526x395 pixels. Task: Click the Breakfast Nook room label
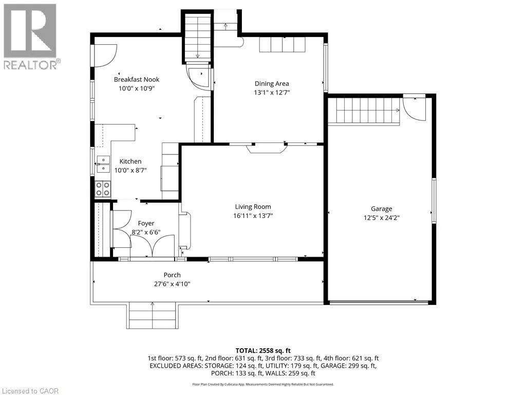point(137,80)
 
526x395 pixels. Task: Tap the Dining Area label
point(272,84)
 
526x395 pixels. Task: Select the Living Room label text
point(253,207)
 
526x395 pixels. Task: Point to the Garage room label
point(382,209)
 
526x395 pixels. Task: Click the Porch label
point(172,275)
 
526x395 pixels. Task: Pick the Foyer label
point(146,223)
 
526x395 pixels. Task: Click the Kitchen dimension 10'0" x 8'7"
point(130,170)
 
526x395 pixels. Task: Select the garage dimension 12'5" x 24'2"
point(382,218)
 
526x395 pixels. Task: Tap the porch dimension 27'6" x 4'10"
point(172,284)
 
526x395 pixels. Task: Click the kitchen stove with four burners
point(103,189)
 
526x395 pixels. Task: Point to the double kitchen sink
point(103,164)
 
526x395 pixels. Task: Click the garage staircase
point(364,111)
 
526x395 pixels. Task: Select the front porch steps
point(152,316)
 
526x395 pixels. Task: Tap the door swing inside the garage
point(415,109)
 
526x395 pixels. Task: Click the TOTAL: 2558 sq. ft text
point(263,351)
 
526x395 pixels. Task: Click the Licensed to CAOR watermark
point(29,391)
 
